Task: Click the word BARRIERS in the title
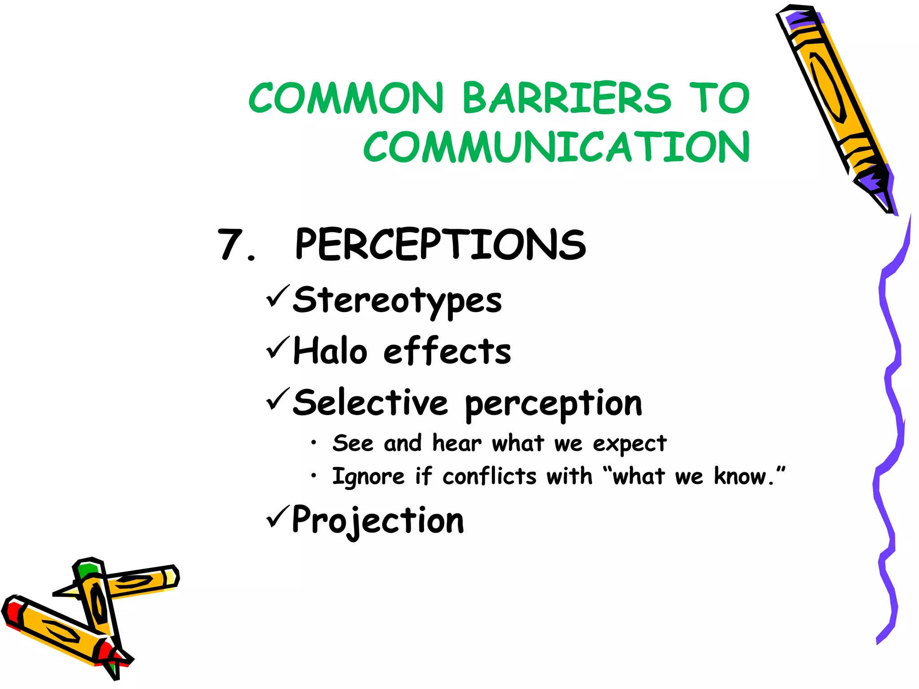566,98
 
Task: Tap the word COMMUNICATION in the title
556,147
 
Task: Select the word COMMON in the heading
346,98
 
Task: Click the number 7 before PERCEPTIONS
230,245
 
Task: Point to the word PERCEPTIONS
440,244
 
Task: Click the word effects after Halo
447,351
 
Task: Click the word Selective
370,402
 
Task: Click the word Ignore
368,477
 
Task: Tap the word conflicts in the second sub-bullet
489,477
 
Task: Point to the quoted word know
740,477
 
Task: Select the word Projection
378,520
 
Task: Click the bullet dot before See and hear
314,444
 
